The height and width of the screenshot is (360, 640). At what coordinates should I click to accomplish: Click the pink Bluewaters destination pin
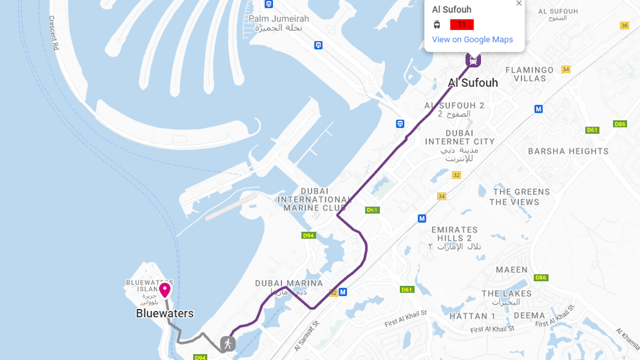[165, 290]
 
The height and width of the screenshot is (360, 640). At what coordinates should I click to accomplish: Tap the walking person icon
[227, 344]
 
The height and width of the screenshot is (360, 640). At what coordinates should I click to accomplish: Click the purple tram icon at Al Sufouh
[473, 60]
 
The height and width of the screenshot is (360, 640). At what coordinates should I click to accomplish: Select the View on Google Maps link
[472, 39]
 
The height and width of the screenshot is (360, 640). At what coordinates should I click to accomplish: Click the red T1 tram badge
[461, 25]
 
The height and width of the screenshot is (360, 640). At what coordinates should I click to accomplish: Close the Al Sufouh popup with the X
[518, 3]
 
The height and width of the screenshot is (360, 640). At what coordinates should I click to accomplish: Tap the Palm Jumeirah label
[279, 19]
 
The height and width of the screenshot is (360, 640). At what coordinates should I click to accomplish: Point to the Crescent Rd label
[53, 32]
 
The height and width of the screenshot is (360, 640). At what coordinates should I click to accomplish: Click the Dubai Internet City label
[459, 137]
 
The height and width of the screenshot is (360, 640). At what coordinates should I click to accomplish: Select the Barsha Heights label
[568, 151]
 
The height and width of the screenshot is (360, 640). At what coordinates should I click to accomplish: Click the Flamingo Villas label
[529, 74]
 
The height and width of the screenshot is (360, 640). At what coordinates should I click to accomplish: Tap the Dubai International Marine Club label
[314, 200]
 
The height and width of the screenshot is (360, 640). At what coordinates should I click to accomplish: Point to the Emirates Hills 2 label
[455, 234]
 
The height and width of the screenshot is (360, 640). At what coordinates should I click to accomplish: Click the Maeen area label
[512, 270]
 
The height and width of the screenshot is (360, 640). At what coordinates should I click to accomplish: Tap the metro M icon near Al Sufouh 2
[538, 109]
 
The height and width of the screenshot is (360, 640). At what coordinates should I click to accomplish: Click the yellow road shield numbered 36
[624, 26]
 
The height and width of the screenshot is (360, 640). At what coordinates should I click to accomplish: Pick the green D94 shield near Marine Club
[308, 235]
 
